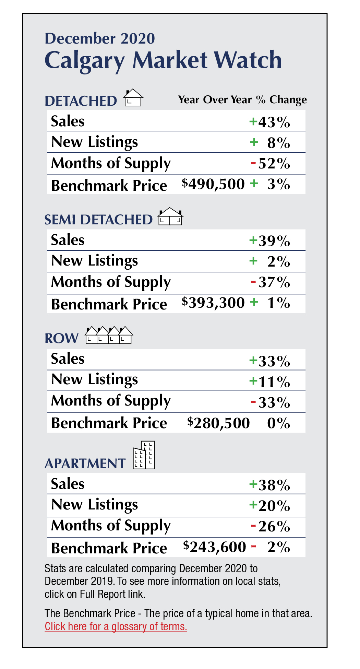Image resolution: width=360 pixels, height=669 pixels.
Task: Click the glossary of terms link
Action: pyautogui.click(x=116, y=626)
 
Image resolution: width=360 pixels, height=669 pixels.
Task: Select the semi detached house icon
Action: pyautogui.click(x=170, y=216)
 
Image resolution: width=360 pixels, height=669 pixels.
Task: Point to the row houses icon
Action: pyautogui.click(x=109, y=335)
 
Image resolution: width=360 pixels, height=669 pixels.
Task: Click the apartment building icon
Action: pyautogui.click(x=144, y=455)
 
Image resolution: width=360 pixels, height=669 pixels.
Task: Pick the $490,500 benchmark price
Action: pyautogui.click(x=213, y=184)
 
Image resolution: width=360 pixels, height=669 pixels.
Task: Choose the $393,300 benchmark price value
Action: pyautogui.click(x=213, y=303)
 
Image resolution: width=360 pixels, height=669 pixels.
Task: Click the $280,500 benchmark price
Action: pyautogui.click(x=218, y=423)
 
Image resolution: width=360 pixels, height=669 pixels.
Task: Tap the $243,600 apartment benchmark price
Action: pyautogui.click(x=215, y=547)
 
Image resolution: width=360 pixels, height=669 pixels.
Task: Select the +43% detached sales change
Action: pyautogui.click(x=270, y=122)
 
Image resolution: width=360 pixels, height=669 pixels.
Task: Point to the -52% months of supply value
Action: pyautogui.click(x=271, y=164)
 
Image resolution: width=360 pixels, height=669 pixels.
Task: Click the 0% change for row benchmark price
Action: pyautogui.click(x=278, y=423)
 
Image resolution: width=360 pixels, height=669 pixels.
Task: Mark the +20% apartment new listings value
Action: pyautogui.click(x=270, y=505)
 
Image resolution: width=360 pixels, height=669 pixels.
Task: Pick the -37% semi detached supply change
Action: pyautogui.click(x=271, y=282)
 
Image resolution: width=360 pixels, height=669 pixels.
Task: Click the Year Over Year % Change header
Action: pyautogui.click(x=242, y=100)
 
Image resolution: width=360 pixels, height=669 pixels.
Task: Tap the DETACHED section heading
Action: pyautogui.click(x=81, y=101)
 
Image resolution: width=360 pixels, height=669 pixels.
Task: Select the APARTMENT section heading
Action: pyautogui.click(x=85, y=463)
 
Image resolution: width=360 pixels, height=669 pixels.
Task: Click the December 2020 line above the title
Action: pyautogui.click(x=100, y=38)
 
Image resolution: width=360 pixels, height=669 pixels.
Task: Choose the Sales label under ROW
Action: pyautogui.click(x=68, y=359)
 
